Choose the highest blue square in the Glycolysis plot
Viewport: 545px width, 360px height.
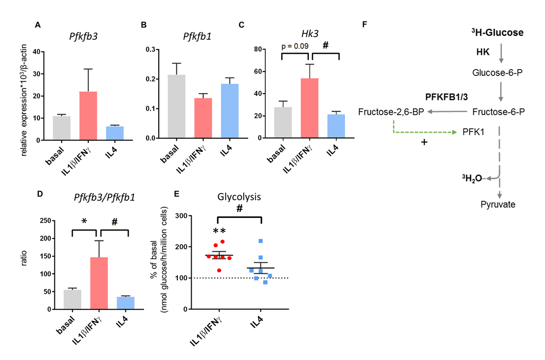point(261,241)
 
